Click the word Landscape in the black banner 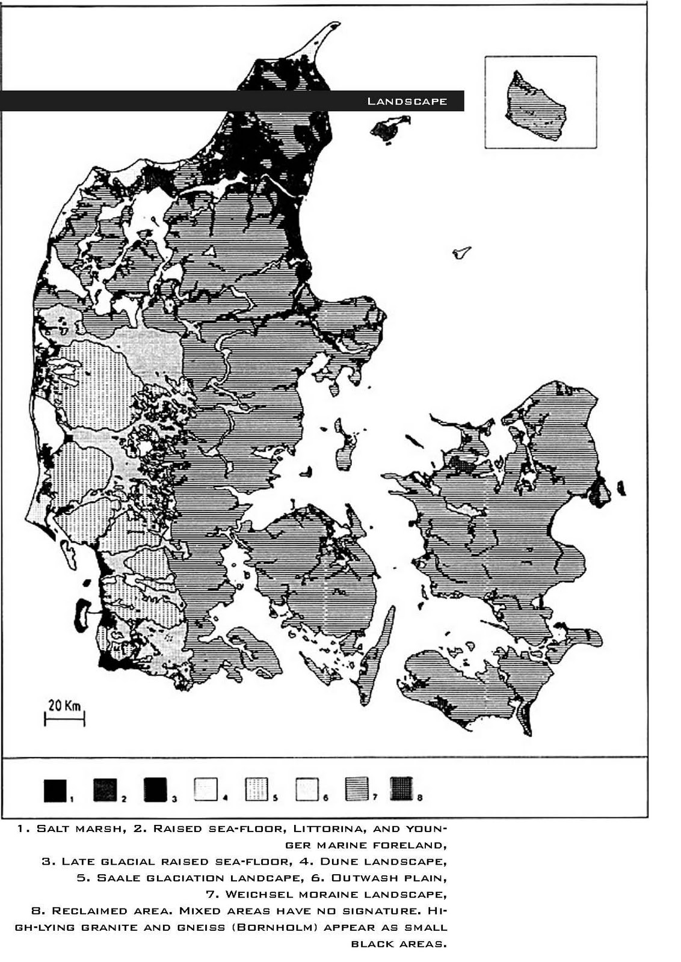pos(407,101)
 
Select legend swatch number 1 pos(55,789)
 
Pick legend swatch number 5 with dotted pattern pos(256,789)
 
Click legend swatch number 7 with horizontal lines pos(357,789)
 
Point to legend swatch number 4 pos(206,789)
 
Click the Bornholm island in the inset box pos(535,107)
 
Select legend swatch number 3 pos(155,789)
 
